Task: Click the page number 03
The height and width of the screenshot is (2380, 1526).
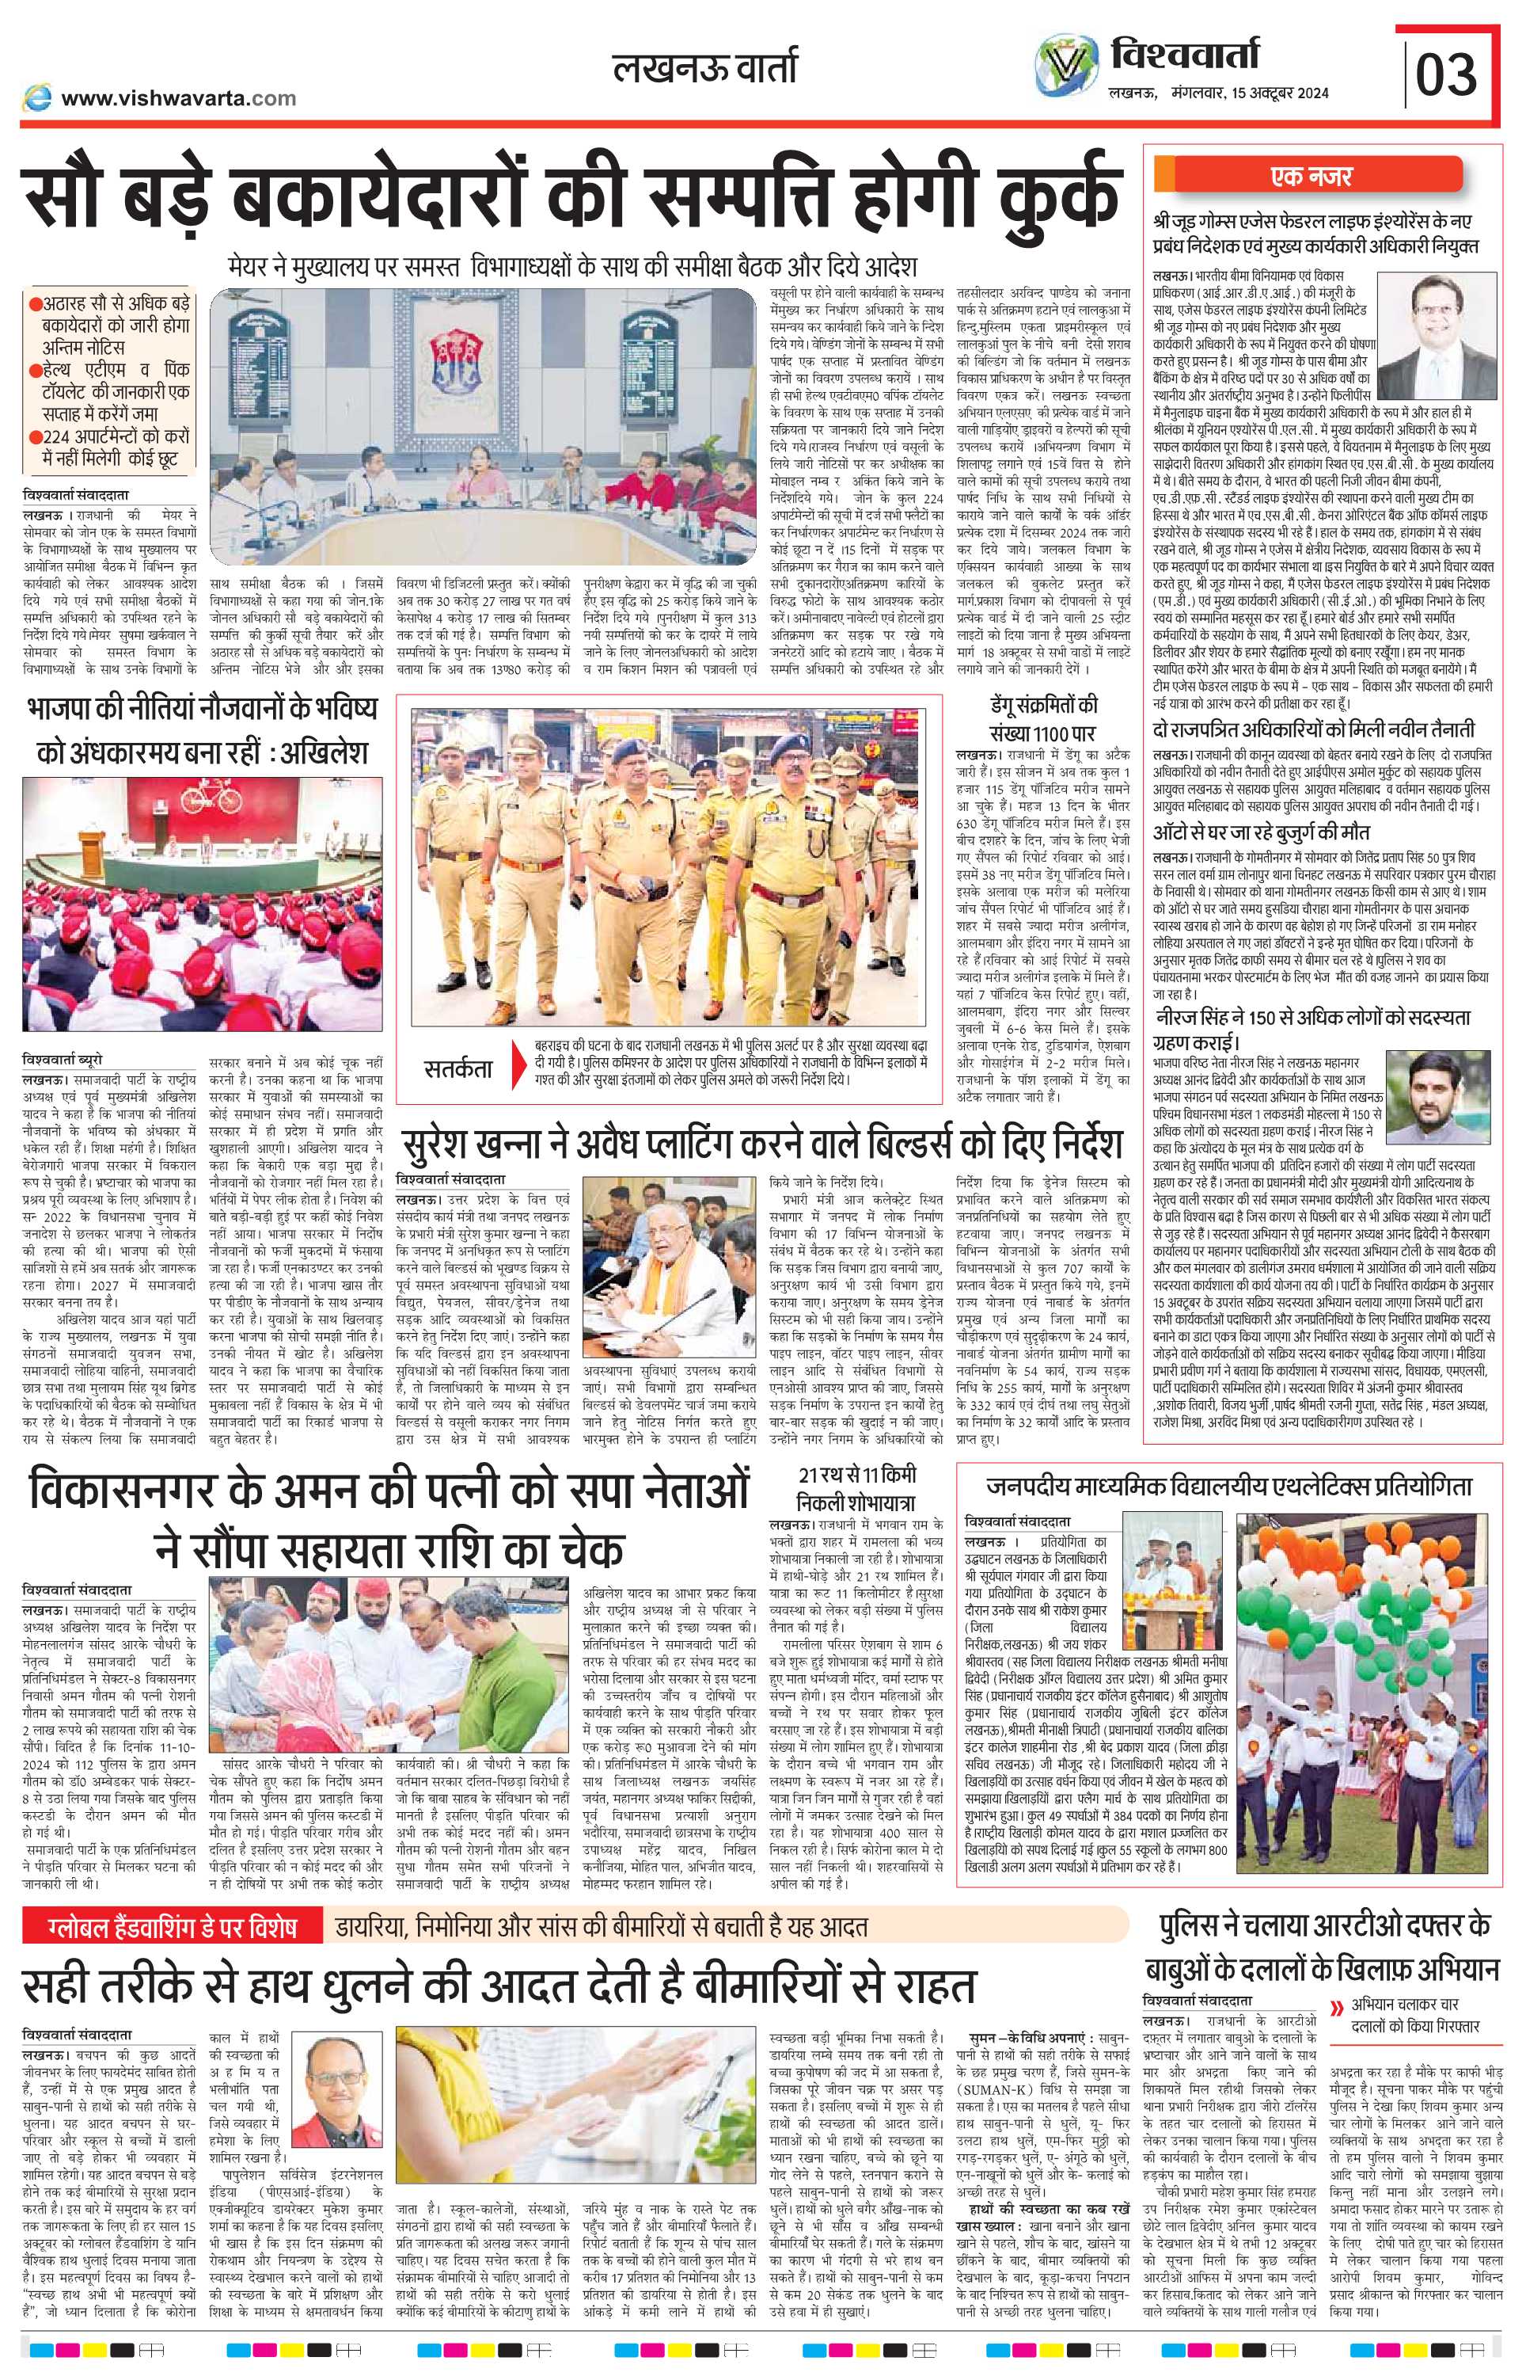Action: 1446,74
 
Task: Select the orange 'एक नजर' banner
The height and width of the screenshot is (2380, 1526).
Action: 1311,177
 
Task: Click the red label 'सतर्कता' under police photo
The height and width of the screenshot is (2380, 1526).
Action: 457,1068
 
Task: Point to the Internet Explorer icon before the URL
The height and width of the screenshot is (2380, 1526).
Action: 38,97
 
